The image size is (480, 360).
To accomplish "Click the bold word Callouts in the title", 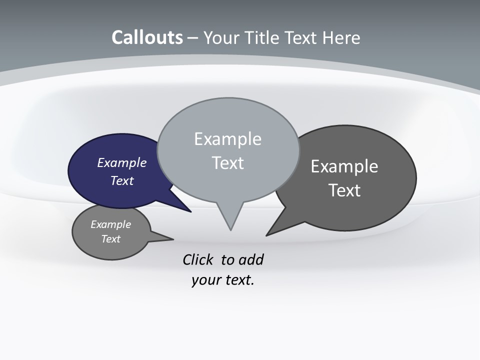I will [147, 37].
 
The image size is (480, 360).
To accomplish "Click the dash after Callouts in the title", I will [193, 38].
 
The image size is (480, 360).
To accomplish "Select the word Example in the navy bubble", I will [121, 162].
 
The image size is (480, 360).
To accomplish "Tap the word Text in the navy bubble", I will [121, 180].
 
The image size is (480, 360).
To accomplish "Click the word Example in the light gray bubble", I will [227, 139].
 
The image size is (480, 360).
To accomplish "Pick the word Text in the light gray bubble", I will [227, 163].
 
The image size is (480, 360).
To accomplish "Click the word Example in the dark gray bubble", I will [344, 166].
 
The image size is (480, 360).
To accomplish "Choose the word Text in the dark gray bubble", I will [344, 190].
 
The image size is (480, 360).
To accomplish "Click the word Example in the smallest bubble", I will [110, 224].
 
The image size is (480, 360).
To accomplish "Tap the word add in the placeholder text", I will [251, 259].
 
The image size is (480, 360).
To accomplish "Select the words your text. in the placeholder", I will [223, 279].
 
